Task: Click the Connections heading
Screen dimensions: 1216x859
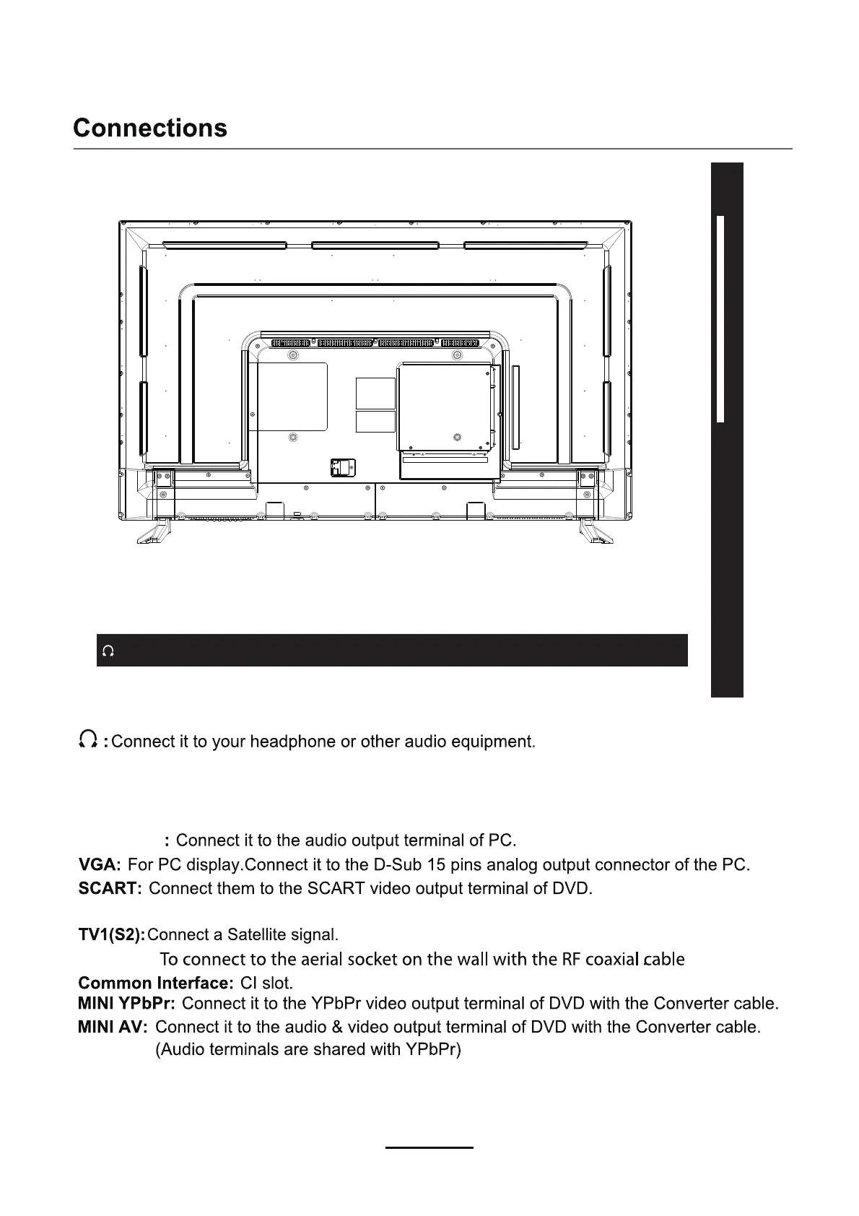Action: pos(150,128)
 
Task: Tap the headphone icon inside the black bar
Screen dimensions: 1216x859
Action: pos(108,651)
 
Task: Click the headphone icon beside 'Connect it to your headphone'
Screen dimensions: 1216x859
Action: pos(89,739)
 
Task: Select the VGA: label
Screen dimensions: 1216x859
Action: pos(100,864)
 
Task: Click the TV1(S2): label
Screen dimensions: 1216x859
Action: pos(111,935)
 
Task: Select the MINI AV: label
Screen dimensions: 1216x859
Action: pos(113,1026)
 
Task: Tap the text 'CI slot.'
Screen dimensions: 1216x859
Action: pos(266,983)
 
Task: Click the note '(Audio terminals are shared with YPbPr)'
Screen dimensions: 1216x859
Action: pos(308,1049)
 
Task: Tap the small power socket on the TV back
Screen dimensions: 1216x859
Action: pos(339,467)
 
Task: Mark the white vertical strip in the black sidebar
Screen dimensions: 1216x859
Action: pos(720,318)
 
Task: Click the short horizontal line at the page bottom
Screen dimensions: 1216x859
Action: pos(429,1147)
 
